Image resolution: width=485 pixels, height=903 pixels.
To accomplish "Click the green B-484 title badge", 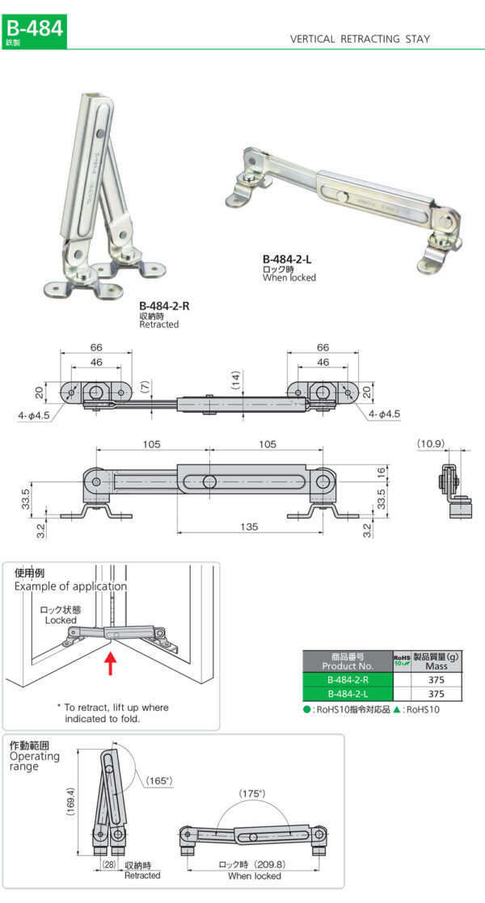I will point(33,30).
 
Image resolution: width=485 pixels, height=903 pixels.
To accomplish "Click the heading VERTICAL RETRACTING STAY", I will point(360,39).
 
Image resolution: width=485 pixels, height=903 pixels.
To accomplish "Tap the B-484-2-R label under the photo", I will point(164,306).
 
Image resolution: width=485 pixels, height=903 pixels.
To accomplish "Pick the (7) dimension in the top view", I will point(145,387).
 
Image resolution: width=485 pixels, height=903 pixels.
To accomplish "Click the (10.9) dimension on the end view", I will point(431,443).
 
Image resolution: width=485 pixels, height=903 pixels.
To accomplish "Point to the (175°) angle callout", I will point(251,794).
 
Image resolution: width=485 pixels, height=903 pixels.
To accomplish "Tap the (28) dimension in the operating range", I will point(108,865).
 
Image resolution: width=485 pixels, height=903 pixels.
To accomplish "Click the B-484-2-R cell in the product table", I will point(347,680).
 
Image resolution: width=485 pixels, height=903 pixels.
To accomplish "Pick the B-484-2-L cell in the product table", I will point(347,694).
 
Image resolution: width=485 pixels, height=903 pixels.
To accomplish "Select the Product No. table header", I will point(347,662).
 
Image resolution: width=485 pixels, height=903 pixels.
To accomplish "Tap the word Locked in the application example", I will point(61,619).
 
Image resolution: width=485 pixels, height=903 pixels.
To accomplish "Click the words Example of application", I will point(70,586).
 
